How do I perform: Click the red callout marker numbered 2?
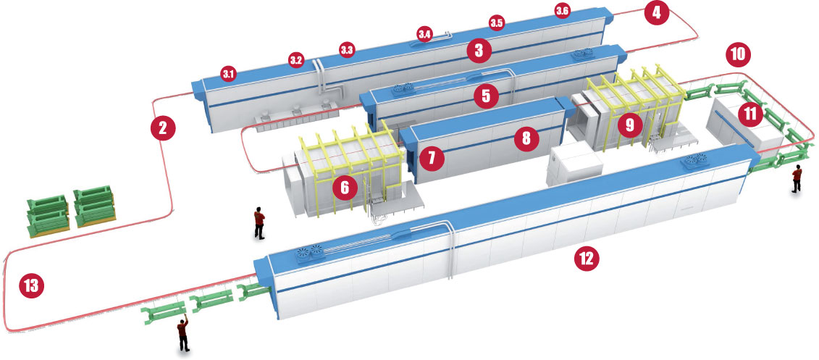163,128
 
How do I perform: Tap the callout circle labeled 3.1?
229,73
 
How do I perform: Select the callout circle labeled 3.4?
425,33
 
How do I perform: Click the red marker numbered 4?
656,13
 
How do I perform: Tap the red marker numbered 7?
432,157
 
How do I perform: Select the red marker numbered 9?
629,125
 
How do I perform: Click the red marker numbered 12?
587,257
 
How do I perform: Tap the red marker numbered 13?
30,285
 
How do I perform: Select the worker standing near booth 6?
259,223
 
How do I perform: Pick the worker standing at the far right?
797,178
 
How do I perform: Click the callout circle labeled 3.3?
347,50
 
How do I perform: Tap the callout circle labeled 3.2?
295,59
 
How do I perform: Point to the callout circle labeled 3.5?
496,23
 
